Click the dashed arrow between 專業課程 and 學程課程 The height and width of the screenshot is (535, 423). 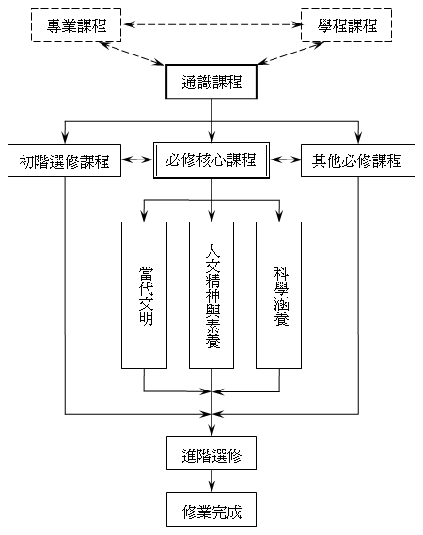point(212,24)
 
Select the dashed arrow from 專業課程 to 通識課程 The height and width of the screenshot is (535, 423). point(132,53)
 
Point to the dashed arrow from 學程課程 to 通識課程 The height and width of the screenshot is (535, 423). point(291,53)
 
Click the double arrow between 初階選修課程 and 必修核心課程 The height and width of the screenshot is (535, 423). point(137,160)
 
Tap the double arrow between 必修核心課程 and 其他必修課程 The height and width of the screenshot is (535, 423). point(286,160)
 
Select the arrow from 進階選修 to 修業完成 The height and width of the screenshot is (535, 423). point(211,481)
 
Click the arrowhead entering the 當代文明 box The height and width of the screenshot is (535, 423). point(144,216)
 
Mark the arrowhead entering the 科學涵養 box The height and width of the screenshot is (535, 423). point(279,216)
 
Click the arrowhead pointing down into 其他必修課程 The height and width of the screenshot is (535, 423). point(358,137)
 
